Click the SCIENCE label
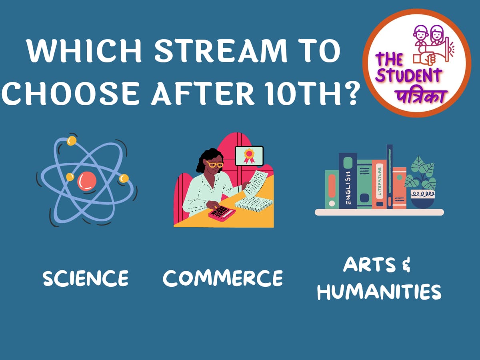coord(86,278)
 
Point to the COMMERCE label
coord(222,278)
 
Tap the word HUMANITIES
coord(379,292)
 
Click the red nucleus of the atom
coord(86,181)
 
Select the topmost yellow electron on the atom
coord(72,141)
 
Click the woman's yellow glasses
coord(215,164)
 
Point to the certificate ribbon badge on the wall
coord(249,155)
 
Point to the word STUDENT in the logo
coord(412,76)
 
